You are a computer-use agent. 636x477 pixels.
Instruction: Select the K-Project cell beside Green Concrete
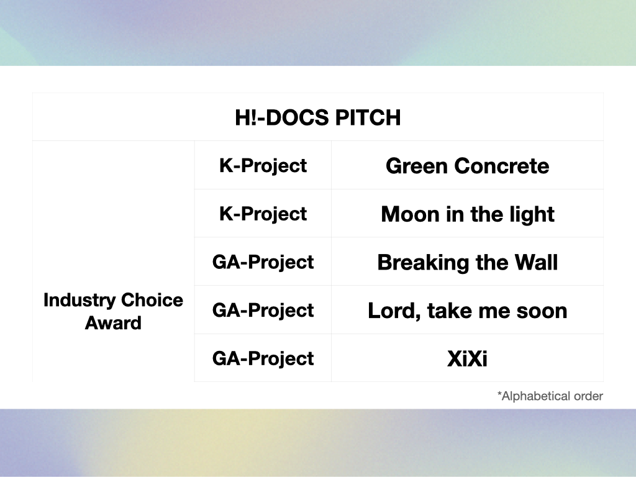point(263,166)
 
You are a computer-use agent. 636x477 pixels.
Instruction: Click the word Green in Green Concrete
point(417,166)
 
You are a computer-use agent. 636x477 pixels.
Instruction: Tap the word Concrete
point(502,166)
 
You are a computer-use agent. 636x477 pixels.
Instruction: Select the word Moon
point(411,214)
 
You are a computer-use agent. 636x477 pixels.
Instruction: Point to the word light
point(532,215)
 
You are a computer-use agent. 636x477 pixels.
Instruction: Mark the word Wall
point(536,262)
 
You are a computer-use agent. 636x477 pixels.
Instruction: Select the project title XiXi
point(467,359)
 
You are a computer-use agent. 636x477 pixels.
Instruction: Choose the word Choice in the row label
point(152,300)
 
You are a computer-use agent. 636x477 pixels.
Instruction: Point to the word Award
point(113,323)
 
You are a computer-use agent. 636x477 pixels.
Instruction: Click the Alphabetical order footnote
point(550,396)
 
